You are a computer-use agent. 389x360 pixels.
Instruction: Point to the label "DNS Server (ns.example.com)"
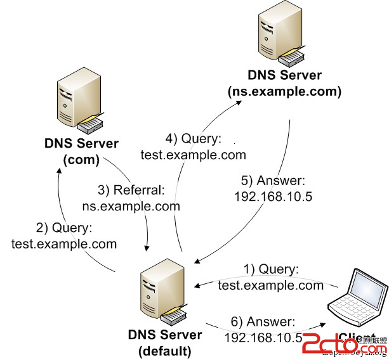284,84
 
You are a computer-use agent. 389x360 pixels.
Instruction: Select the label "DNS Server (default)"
165,342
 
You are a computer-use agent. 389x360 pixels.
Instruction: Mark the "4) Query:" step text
194,139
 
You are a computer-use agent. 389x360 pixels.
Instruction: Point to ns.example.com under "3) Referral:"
131,206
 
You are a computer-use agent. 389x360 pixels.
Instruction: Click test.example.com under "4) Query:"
194,154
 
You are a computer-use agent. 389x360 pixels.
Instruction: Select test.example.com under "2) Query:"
64,244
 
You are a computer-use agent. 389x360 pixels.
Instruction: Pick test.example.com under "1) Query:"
271,286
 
